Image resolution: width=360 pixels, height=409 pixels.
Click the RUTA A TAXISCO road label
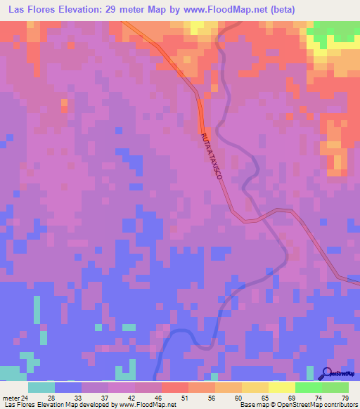(x=212, y=157)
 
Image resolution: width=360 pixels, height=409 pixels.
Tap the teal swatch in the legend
(x=41, y=387)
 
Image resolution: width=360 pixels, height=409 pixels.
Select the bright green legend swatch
(x=309, y=387)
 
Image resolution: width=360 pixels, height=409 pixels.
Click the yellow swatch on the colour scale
(x=255, y=387)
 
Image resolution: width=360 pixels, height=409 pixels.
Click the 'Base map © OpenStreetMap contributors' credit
(x=298, y=405)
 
